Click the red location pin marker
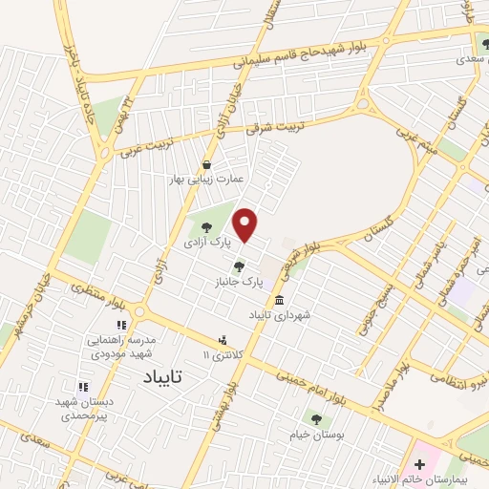pyautogui.click(x=246, y=223)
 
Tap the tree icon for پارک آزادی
pyautogui.click(x=207, y=227)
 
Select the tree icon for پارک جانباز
pyautogui.click(x=238, y=266)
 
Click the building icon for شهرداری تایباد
pyautogui.click(x=279, y=300)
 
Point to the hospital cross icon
pyautogui.click(x=419, y=464)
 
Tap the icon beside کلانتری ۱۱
pyautogui.click(x=223, y=339)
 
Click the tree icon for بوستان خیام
pyautogui.click(x=316, y=418)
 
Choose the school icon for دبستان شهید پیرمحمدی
pyautogui.click(x=82, y=387)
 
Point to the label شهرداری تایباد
pyautogui.click(x=281, y=314)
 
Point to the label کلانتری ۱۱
pyautogui.click(x=223, y=354)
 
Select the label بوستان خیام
pyautogui.click(x=315, y=434)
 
